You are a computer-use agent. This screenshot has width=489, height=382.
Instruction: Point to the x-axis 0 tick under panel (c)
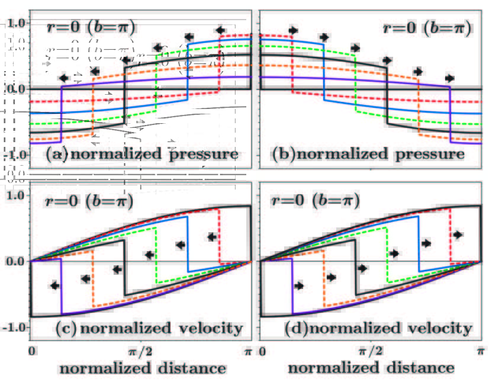[x=31, y=352]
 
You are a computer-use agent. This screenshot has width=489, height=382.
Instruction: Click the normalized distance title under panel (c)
[x=142, y=368]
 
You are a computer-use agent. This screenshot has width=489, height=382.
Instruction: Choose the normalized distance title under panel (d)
[x=371, y=368]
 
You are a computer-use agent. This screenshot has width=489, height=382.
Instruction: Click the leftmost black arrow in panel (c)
[x=55, y=285]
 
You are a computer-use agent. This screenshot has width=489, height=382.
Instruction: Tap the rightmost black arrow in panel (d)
[x=457, y=235]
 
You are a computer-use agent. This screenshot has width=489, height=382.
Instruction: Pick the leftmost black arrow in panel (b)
[x=294, y=30]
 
